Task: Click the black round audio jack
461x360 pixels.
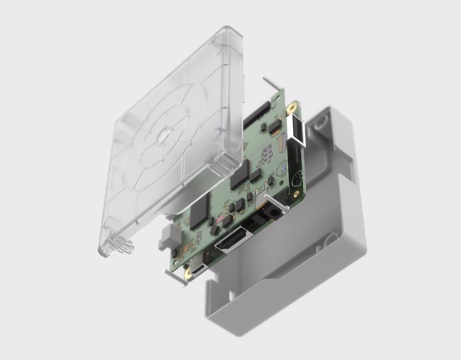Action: click(x=274, y=213)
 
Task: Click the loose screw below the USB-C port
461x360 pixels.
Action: click(x=176, y=277)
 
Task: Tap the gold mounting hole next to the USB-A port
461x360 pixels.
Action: click(x=292, y=108)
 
